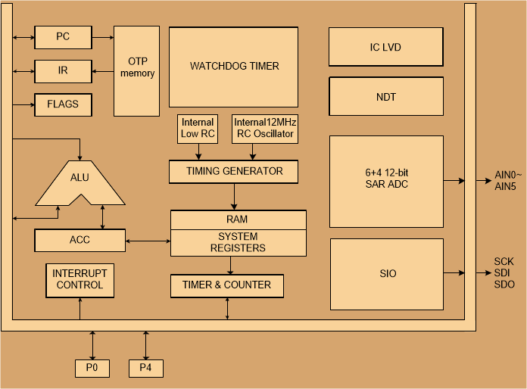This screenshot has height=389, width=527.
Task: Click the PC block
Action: tap(63, 36)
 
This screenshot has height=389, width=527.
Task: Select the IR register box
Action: tap(63, 71)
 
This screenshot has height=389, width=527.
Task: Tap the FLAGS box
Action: tap(63, 104)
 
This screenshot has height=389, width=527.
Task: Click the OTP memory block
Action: tap(137, 71)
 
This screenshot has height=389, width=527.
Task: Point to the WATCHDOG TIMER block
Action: tap(234, 67)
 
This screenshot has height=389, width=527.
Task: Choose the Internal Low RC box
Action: tap(197, 129)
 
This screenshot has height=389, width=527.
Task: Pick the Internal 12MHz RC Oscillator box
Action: tap(264, 129)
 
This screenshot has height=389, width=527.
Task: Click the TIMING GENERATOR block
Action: tap(234, 172)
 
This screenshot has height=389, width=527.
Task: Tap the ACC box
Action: tap(80, 241)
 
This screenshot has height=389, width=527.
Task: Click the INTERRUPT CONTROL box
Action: tap(80, 280)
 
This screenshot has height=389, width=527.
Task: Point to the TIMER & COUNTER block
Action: tap(227, 286)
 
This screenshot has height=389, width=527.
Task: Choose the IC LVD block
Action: tap(385, 48)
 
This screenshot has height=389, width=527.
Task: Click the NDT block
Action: tap(385, 97)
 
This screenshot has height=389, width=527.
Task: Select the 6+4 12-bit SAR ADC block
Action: tap(386, 181)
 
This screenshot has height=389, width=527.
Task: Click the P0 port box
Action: tap(92, 369)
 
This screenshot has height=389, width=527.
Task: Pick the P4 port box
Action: tap(145, 369)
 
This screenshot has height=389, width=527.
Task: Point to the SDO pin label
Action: tap(504, 285)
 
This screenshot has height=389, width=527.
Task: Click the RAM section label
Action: tap(238, 219)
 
